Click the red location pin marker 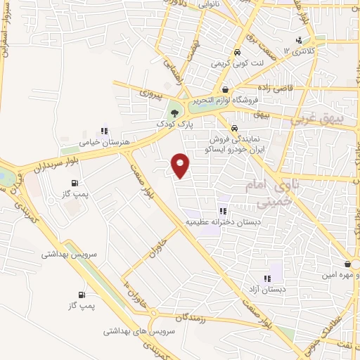click(x=181, y=165)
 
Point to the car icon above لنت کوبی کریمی click(x=237, y=53)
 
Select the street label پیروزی click(x=149, y=92)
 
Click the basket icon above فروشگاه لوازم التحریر click(x=225, y=89)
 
